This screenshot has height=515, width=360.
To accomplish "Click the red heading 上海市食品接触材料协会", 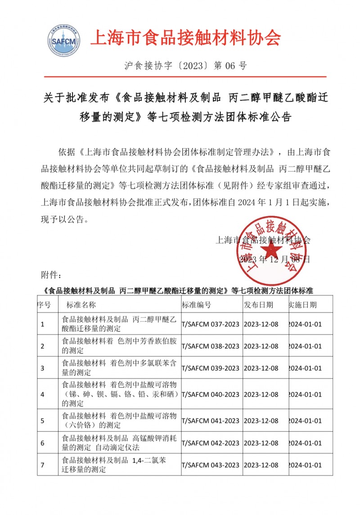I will click(x=185, y=38).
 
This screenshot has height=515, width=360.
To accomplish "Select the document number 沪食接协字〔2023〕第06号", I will click(x=185, y=66).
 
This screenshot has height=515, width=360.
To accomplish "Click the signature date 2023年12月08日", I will click(x=274, y=260).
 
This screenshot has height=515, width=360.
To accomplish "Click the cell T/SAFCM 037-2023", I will click(x=210, y=324).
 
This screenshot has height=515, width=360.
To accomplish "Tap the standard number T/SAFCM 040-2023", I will click(x=210, y=394).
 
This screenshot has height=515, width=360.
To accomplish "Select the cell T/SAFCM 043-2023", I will click(x=210, y=465).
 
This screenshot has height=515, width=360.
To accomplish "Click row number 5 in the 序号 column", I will click(x=42, y=421).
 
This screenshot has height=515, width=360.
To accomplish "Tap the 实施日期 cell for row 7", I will click(x=305, y=465).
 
